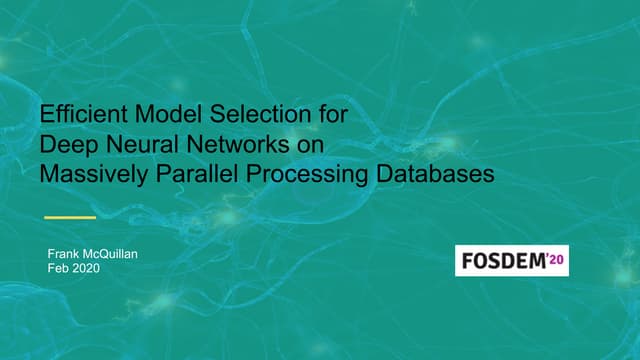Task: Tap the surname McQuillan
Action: tap(115, 255)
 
